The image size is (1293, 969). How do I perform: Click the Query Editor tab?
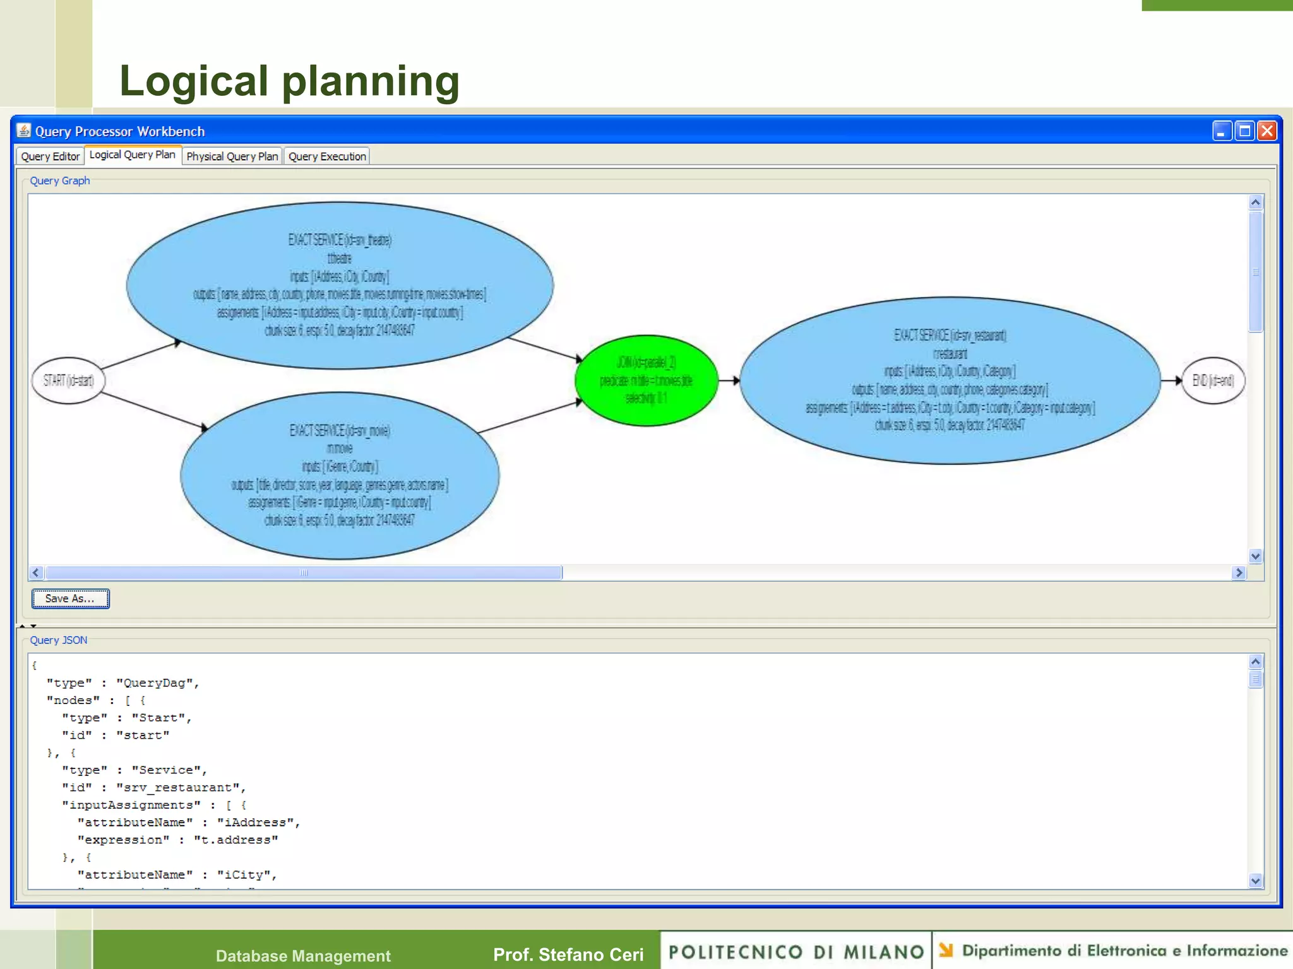(x=50, y=156)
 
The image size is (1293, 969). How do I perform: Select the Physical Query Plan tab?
(x=232, y=156)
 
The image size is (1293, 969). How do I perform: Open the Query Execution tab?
(x=327, y=156)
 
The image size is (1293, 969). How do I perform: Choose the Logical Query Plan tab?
(x=132, y=155)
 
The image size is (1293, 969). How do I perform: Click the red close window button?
(x=1266, y=131)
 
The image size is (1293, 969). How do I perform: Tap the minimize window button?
(x=1222, y=131)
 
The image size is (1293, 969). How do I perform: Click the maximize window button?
(x=1244, y=131)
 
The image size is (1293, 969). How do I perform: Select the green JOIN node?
(x=646, y=380)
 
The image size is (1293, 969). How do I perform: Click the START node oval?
(x=68, y=380)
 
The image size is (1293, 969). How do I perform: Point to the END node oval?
(x=1212, y=380)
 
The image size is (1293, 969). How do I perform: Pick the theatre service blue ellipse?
(x=340, y=285)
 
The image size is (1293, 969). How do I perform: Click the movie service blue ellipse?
(x=340, y=476)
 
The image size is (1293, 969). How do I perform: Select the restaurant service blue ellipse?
(x=950, y=380)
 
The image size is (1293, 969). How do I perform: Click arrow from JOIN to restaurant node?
(x=729, y=380)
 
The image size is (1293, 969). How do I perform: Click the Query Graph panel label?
(x=60, y=181)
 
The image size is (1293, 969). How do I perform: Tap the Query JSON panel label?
(x=59, y=640)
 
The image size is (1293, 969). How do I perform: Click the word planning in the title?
(x=371, y=81)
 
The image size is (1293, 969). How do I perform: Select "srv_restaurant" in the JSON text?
(x=181, y=788)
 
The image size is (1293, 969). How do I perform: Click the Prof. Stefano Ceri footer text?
(x=568, y=954)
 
